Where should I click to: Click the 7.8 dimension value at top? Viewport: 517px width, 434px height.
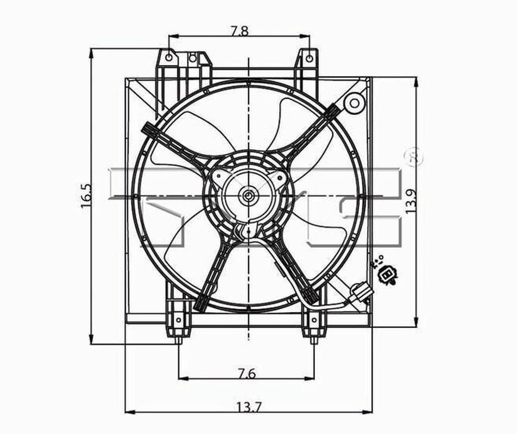pyautogui.click(x=239, y=31)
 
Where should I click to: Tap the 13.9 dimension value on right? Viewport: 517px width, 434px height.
pyautogui.click(x=411, y=201)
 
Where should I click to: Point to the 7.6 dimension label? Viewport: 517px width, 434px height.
pyautogui.click(x=246, y=373)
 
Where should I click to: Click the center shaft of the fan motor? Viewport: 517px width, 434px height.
pyautogui.click(x=248, y=196)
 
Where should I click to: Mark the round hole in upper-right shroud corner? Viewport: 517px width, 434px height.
pyautogui.click(x=354, y=103)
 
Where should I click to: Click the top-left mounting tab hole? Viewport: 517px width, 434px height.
pyautogui.click(x=169, y=57)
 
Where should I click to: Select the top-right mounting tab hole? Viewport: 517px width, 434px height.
pyautogui.click(x=308, y=57)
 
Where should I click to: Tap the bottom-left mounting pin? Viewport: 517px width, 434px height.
pyautogui.click(x=178, y=340)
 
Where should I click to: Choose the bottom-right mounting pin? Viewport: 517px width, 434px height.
pyautogui.click(x=314, y=340)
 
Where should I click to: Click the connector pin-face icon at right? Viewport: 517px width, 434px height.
pyautogui.click(x=387, y=275)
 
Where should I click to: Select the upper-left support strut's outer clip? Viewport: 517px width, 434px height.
pyautogui.click(x=149, y=129)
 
